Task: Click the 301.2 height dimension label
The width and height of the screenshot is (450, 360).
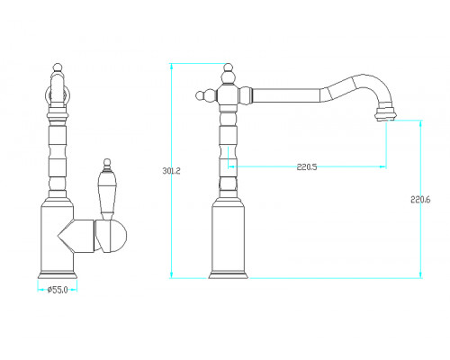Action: point(171,171)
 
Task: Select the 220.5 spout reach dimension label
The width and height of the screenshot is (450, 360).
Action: point(307,166)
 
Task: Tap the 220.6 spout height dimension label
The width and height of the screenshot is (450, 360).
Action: point(420,200)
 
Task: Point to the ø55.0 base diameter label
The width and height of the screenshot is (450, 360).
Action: point(58,290)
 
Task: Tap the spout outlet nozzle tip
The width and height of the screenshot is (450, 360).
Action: point(385,114)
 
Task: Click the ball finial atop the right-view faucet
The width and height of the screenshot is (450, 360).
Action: point(228,67)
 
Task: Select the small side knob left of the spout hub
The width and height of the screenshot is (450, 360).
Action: point(200,96)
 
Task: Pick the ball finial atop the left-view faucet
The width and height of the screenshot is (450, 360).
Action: point(58,67)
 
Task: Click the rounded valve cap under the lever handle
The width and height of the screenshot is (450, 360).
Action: point(111,236)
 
